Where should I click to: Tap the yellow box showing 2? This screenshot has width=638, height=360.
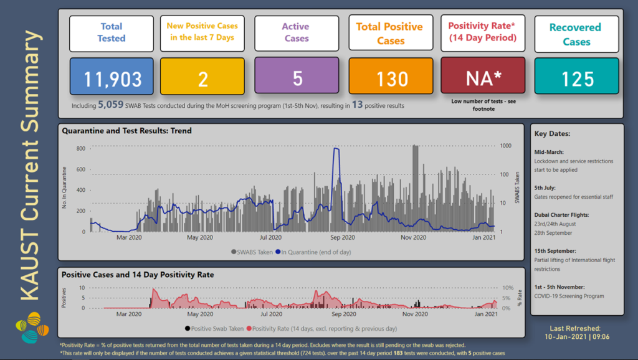point(202,78)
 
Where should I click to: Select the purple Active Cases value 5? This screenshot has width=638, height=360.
point(297,78)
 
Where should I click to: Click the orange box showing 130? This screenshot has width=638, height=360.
point(391,78)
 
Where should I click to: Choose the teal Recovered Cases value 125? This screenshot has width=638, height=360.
point(576,78)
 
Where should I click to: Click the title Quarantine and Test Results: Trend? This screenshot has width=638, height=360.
point(126,131)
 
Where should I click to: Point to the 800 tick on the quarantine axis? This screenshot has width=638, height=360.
point(80,148)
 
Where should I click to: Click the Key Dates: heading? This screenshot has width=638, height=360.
point(552,134)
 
